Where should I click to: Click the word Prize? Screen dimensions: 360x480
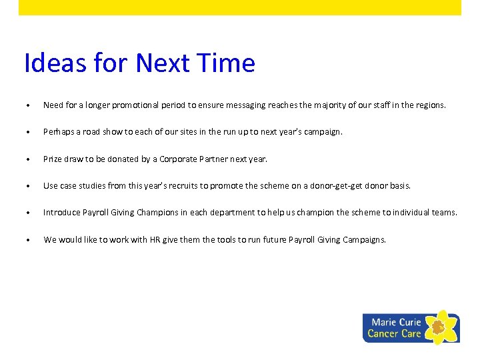pos(53,159)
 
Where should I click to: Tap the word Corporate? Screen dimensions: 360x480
pos(178,159)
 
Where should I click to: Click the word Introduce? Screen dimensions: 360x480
pos(61,213)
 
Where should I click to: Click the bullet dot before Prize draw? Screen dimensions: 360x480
pos(27,160)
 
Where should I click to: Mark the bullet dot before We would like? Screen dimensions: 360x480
pos(27,241)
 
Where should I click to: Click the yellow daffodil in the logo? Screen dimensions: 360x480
pos(439,327)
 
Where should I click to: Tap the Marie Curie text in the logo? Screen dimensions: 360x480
pos(396,322)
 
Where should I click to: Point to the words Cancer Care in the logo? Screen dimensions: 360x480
pos(394,334)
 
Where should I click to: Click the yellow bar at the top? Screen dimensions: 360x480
pos(240,7)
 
